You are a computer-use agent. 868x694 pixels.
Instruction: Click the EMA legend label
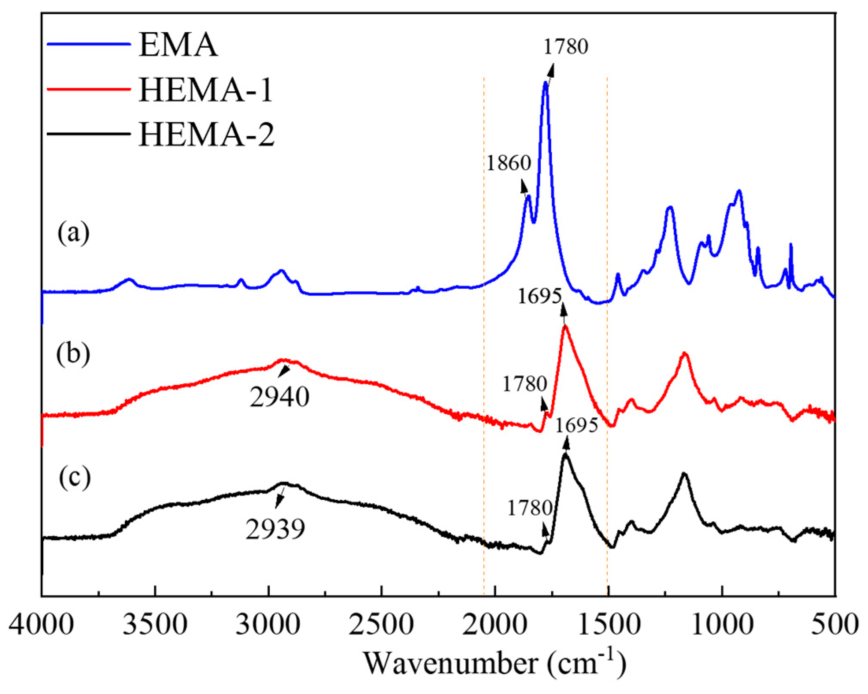pyautogui.click(x=178, y=45)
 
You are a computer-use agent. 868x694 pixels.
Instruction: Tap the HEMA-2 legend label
pyautogui.click(x=206, y=135)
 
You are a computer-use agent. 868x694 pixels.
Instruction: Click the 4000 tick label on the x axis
pyautogui.click(x=41, y=625)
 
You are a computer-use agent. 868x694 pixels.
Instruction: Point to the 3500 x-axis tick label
pyautogui.click(x=155, y=625)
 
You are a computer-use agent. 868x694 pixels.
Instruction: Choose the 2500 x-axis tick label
pyautogui.click(x=381, y=625)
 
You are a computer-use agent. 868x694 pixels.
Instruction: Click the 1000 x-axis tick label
pyautogui.click(x=723, y=625)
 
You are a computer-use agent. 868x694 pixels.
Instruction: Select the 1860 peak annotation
pyautogui.click(x=509, y=163)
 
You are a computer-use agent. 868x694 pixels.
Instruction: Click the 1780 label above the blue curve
pyautogui.click(x=566, y=46)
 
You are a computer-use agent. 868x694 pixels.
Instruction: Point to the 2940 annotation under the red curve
pyautogui.click(x=280, y=397)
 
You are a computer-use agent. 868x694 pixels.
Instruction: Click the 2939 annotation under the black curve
pyautogui.click(x=275, y=529)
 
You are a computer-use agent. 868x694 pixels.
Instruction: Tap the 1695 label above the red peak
pyautogui.click(x=539, y=296)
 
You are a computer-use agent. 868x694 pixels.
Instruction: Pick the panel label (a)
pyautogui.click(x=74, y=233)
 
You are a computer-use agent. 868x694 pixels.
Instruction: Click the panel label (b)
pyautogui.click(x=73, y=354)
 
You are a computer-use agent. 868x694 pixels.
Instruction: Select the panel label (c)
pyautogui.click(x=75, y=477)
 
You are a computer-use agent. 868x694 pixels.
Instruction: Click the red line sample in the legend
pyautogui.click(x=88, y=89)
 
